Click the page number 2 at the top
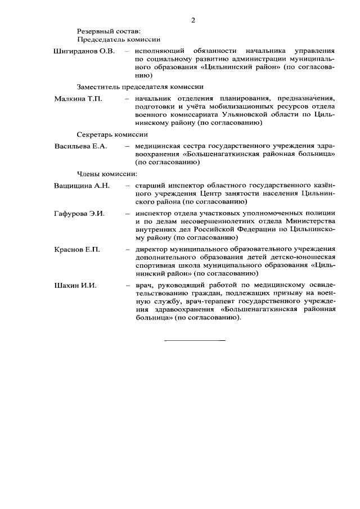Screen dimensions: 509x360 193,20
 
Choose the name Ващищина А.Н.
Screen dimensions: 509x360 82,185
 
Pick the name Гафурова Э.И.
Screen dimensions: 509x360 80,214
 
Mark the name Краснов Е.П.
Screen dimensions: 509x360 77,250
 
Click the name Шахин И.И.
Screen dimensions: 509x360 75,286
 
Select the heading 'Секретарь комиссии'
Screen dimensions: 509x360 112,134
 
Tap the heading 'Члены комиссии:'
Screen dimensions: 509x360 107,173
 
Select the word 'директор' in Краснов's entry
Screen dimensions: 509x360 152,250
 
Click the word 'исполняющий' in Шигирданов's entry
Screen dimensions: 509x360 159,51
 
